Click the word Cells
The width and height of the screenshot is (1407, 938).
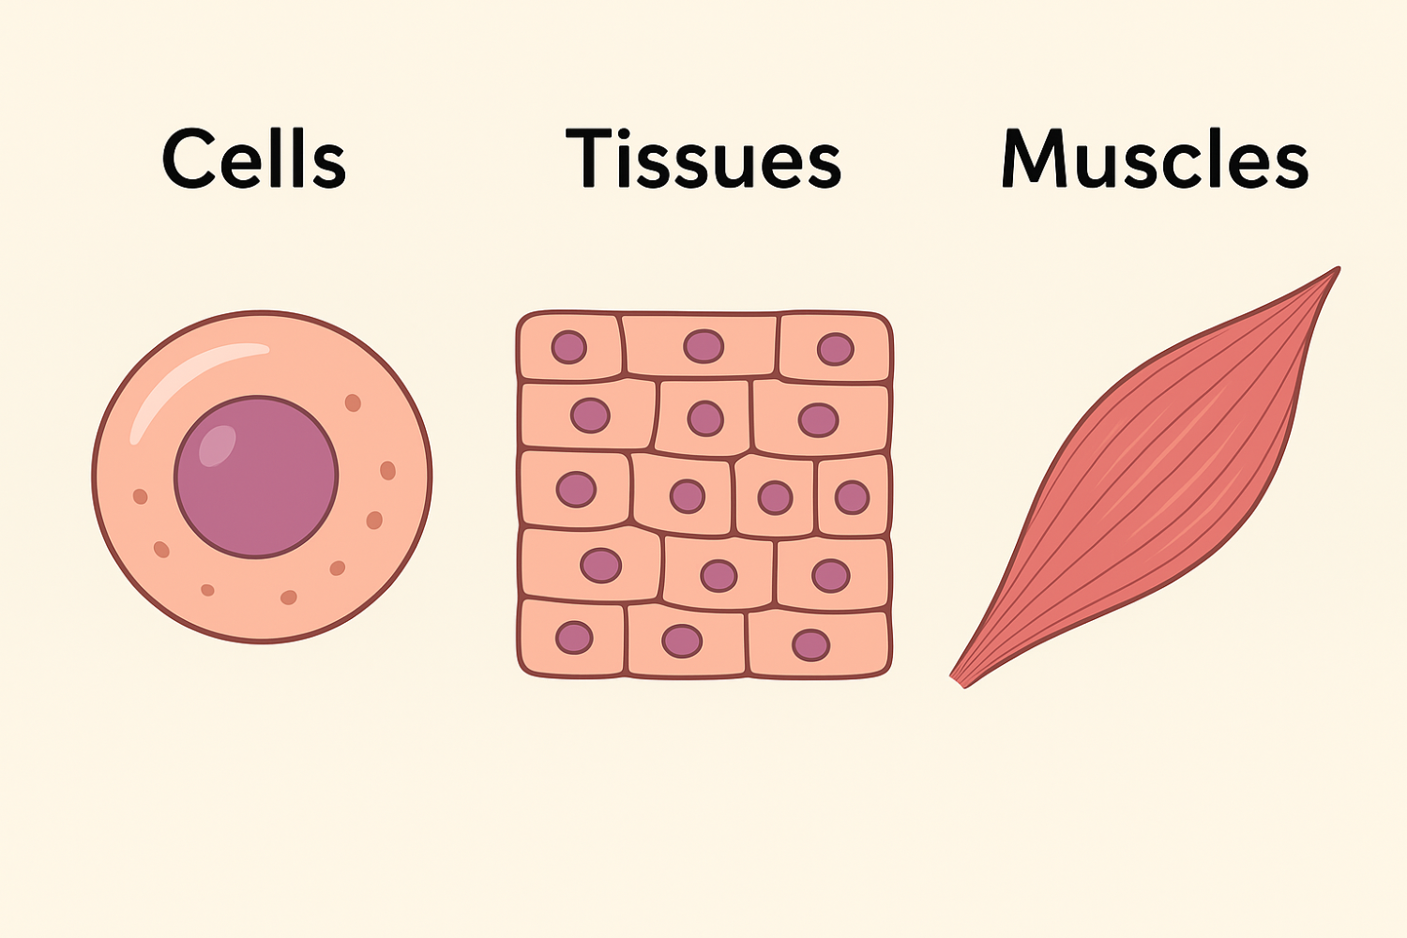pos(254,159)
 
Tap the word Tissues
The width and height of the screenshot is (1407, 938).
pos(703,159)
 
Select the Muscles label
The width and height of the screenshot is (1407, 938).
pos(1155,159)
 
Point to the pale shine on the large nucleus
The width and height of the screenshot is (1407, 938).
pos(218,444)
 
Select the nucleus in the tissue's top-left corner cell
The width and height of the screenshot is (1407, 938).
pos(568,347)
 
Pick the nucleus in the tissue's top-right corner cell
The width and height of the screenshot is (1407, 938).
pos(835,349)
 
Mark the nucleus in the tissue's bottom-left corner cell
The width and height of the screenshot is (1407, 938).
pos(574,638)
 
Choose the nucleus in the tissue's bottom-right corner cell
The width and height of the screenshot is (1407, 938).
pos(810,644)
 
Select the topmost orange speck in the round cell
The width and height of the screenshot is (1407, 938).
pos(353,402)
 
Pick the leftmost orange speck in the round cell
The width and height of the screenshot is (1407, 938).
pos(141,496)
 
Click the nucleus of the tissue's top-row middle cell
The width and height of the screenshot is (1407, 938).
pos(703,346)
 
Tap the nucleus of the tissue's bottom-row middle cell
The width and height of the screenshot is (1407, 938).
pos(682,642)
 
